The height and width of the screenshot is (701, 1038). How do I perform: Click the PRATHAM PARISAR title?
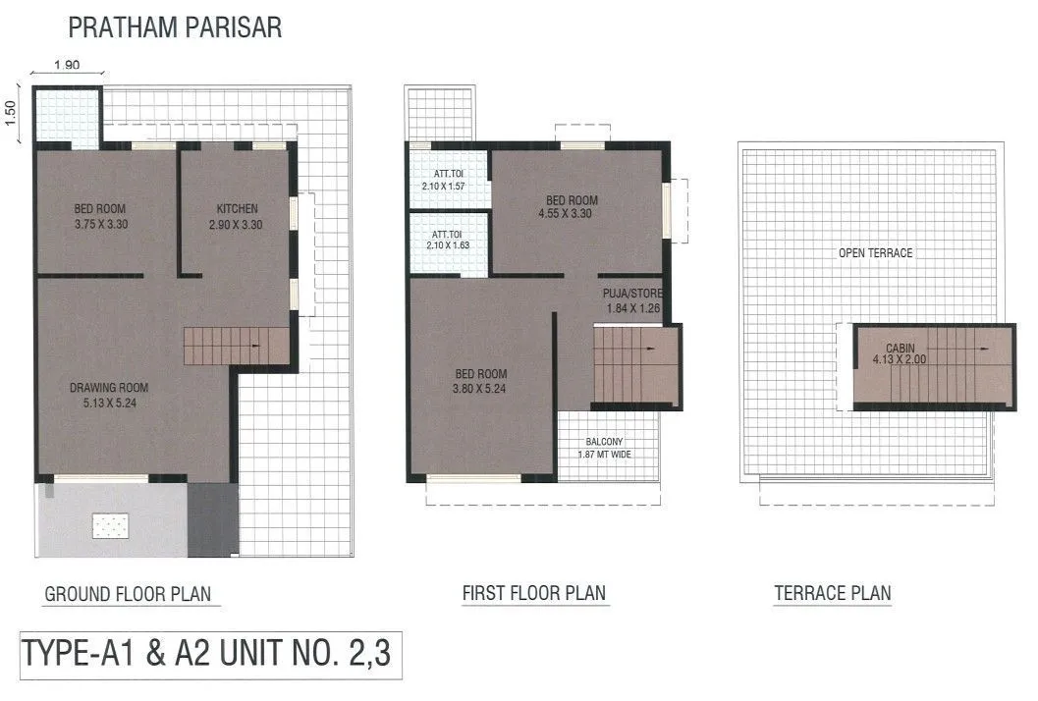pyautogui.click(x=174, y=27)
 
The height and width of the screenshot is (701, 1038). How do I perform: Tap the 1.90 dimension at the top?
pyautogui.click(x=67, y=65)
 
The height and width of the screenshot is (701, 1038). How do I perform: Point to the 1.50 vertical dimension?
pyautogui.click(x=12, y=113)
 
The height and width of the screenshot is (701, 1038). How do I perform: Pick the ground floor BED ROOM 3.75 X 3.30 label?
pyautogui.click(x=100, y=216)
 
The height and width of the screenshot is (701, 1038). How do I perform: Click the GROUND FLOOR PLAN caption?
pyautogui.click(x=127, y=594)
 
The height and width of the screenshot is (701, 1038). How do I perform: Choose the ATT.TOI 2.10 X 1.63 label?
pyautogui.click(x=448, y=242)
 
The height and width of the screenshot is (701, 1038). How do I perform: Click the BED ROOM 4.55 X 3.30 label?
pyautogui.click(x=572, y=206)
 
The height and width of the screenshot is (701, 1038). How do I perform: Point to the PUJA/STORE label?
pyautogui.click(x=633, y=300)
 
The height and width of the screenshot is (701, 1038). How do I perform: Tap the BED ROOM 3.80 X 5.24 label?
pyautogui.click(x=481, y=380)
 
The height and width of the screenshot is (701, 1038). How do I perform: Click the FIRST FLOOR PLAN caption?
pyautogui.click(x=533, y=593)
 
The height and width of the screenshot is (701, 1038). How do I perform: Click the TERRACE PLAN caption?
pyautogui.click(x=832, y=593)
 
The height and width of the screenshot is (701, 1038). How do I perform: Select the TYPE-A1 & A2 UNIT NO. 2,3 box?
pyautogui.click(x=207, y=654)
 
